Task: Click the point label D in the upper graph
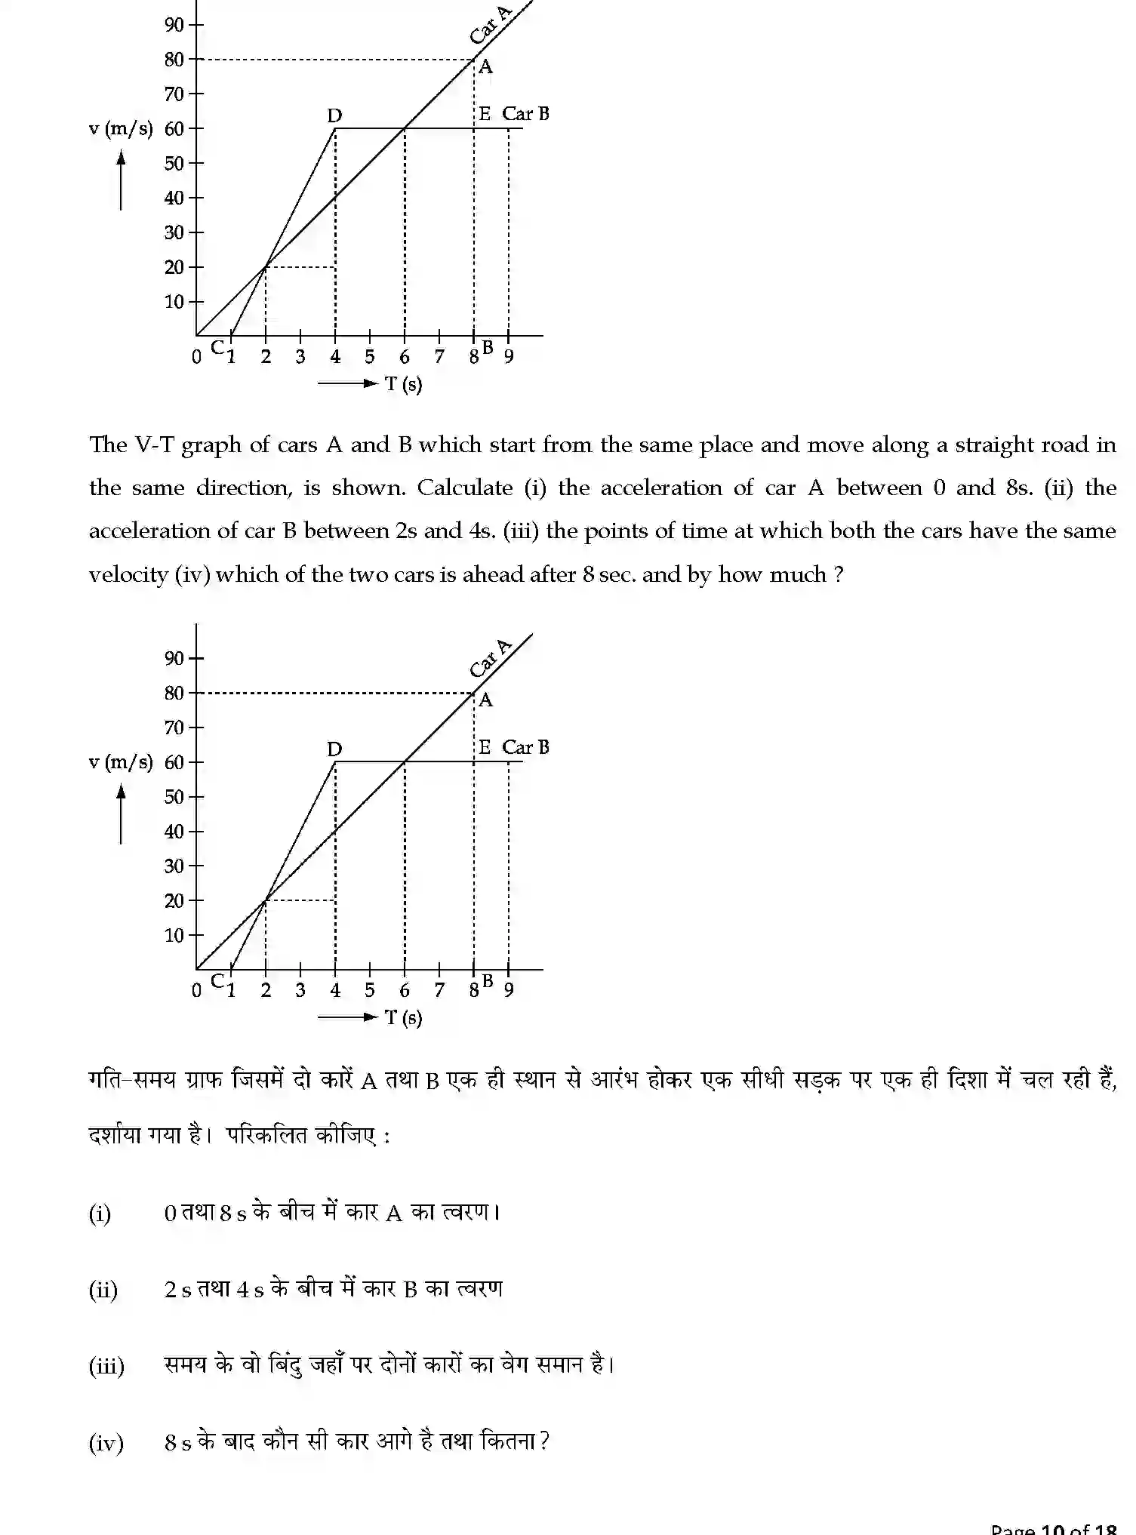coord(334,115)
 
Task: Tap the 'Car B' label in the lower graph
coord(525,747)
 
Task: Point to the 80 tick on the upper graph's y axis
coord(174,60)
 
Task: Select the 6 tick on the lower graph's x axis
coord(405,990)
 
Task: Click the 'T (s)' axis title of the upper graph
coord(404,384)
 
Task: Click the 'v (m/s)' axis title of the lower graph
coord(121,762)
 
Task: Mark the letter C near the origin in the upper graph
coord(217,348)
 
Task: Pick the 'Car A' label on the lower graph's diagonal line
coord(490,658)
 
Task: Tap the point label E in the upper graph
coord(485,114)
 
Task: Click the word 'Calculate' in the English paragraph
coord(464,488)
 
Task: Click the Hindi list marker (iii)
coord(106,1366)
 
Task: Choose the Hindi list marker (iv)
coord(106,1443)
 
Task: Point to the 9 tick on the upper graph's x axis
coord(509,357)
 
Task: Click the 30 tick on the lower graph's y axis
coord(174,866)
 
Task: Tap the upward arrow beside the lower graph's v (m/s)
coord(121,814)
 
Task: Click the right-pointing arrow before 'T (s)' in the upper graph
coord(347,384)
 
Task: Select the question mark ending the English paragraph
coord(839,575)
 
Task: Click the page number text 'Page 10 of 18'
coord(1053,1527)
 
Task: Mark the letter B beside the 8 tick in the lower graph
coord(488,980)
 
